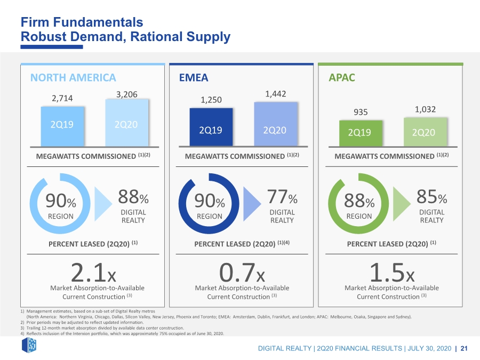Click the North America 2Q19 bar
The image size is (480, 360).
[x=62, y=126]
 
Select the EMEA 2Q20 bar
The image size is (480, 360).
[x=276, y=124]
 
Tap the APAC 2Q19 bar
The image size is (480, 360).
[x=361, y=133]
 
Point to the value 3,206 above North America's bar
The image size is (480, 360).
[x=127, y=94]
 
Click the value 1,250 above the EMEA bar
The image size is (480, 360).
[x=211, y=100]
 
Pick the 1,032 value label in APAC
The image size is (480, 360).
[x=425, y=109]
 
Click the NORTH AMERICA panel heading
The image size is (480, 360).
[x=73, y=77]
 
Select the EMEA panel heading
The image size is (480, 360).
[x=194, y=77]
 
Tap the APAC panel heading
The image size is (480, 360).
[x=342, y=77]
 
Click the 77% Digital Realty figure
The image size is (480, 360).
[x=282, y=196]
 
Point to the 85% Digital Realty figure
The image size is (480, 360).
[x=431, y=196]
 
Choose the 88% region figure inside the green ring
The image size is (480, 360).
[x=359, y=201]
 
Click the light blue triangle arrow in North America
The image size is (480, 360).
[x=103, y=204]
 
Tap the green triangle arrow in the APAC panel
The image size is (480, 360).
[x=402, y=204]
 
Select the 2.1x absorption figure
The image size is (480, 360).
[x=93, y=273]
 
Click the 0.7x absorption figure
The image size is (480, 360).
[x=242, y=273]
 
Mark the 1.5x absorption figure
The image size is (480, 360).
[x=392, y=273]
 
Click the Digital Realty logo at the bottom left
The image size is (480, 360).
[x=29, y=345]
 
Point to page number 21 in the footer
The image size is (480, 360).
[x=464, y=348]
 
